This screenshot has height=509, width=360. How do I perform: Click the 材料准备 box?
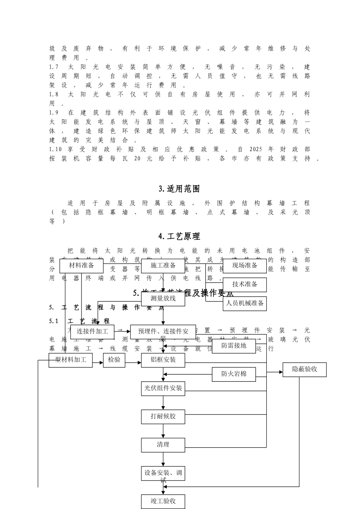pyautogui.click(x=81, y=266)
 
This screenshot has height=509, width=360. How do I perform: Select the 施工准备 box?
pyautogui.click(x=163, y=266)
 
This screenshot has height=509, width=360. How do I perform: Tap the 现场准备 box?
pyautogui.click(x=244, y=266)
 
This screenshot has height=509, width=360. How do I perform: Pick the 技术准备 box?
pyautogui.click(x=244, y=285)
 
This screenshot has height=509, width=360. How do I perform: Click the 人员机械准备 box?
pyautogui.click(x=244, y=303)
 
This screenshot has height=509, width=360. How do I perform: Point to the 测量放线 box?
pyautogui.click(x=163, y=298)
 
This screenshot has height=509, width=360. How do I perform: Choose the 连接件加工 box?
pyautogui.click(x=92, y=332)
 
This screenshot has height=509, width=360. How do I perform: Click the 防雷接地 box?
pyautogui.click(x=233, y=346)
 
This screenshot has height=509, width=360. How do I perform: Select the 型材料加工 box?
pyautogui.click(x=70, y=360)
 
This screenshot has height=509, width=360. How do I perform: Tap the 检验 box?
pyautogui.click(x=114, y=360)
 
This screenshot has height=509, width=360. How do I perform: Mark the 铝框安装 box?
pyautogui.click(x=163, y=360)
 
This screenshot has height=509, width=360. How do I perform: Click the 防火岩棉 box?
pyautogui.click(x=233, y=374)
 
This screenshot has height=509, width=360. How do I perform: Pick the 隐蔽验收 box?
pyautogui.click(x=304, y=369)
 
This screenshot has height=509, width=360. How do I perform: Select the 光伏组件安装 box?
pyautogui.click(x=163, y=388)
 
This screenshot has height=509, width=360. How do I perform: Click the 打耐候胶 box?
pyautogui.click(x=163, y=417)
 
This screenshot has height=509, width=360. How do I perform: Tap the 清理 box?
pyautogui.click(x=163, y=445)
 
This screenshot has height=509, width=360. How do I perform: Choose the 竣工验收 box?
pyautogui.click(x=163, y=501)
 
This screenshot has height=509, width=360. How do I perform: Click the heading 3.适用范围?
pyautogui.click(x=179, y=189)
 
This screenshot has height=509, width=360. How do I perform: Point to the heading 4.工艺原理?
pyautogui.click(x=179, y=236)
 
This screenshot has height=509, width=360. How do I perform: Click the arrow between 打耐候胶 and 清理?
pyautogui.click(x=163, y=431)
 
